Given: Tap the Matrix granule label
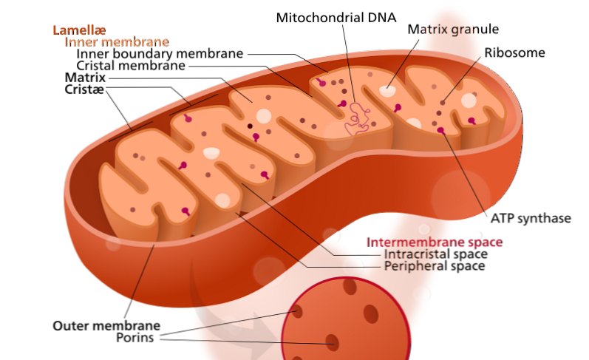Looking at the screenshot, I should pyautogui.click(x=454, y=30).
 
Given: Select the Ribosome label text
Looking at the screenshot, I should pyautogui.click(x=514, y=52).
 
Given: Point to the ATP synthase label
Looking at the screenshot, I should pyautogui.click(x=531, y=218).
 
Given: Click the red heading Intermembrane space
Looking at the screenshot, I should pyautogui.click(x=435, y=242).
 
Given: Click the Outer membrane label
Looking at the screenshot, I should pyautogui.click(x=106, y=325).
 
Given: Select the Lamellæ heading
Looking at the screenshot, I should pyautogui.click(x=77, y=30).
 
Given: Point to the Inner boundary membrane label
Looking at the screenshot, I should pyautogui.click(x=160, y=54).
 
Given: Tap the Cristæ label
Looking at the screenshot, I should pyautogui.click(x=84, y=89).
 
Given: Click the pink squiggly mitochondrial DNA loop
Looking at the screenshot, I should pyautogui.click(x=359, y=118).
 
